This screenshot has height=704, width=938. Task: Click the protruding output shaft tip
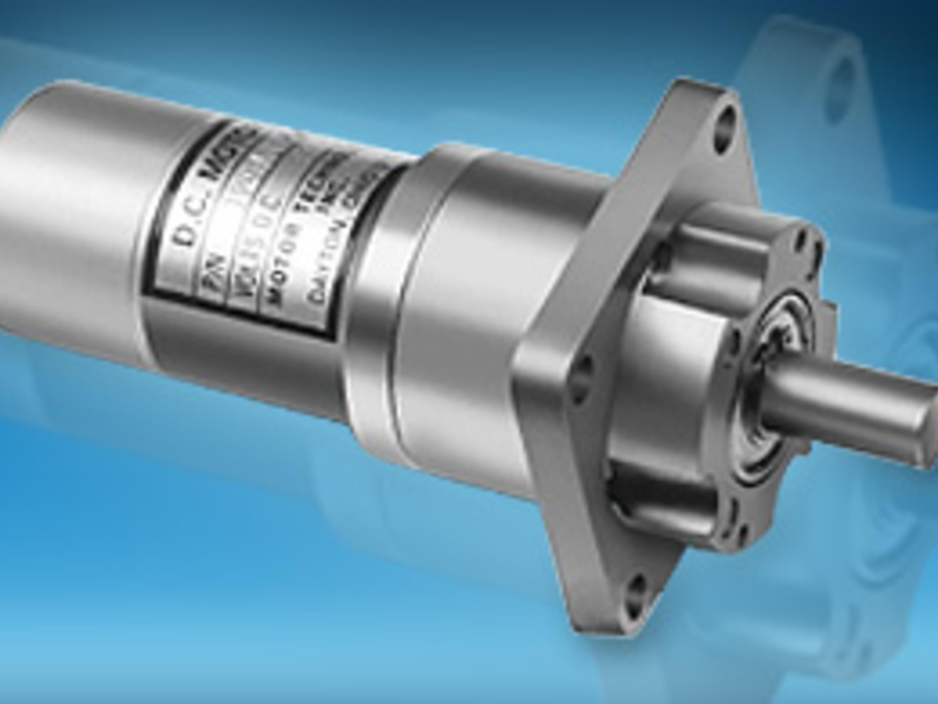[924, 424]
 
